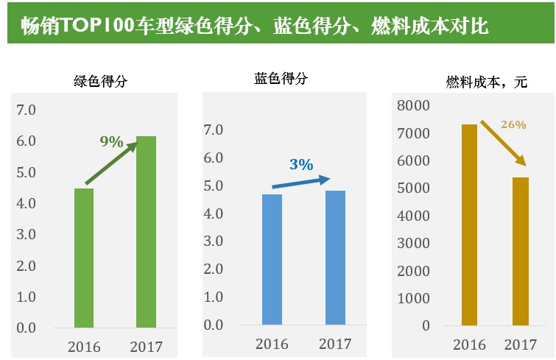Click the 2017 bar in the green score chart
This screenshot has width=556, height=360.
[146, 231]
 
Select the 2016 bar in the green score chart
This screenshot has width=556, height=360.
[84, 258]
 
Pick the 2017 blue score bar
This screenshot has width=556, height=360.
[335, 257]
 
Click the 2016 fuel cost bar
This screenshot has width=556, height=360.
[470, 224]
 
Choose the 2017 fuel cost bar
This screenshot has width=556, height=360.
[519, 250]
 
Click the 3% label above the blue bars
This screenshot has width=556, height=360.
[301, 165]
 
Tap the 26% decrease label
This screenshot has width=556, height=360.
[513, 124]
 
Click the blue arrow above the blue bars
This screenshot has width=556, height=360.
[301, 182]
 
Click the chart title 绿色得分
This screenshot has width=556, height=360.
[102, 81]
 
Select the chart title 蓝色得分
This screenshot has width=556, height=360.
[281, 79]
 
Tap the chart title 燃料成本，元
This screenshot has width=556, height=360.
[487, 82]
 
